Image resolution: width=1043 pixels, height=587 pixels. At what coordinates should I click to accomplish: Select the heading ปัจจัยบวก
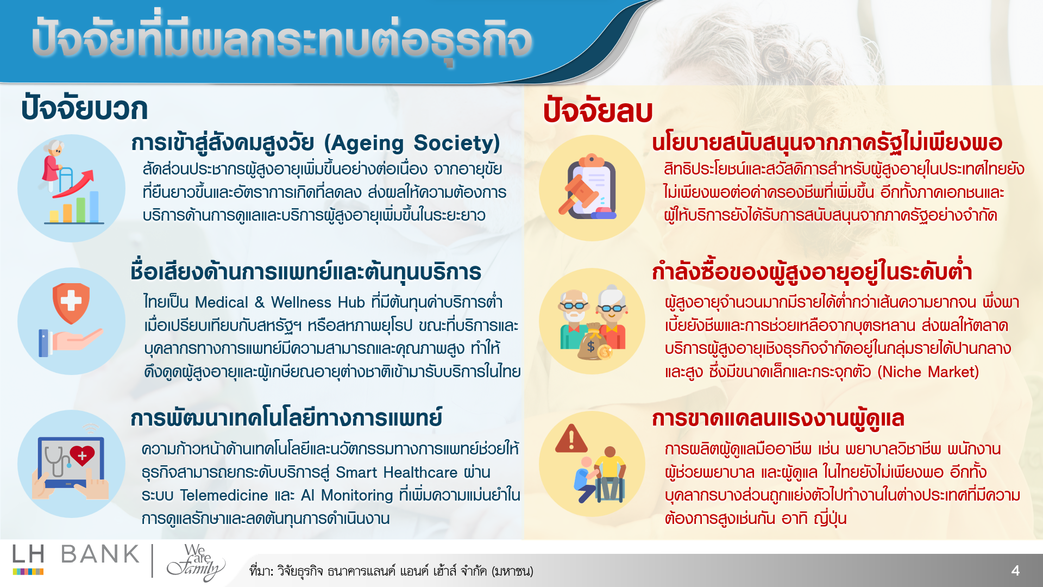[84, 109]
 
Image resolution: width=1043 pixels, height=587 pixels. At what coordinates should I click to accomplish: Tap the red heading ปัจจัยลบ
[598, 111]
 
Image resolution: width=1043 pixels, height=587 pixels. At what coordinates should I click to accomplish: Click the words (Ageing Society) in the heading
[412, 143]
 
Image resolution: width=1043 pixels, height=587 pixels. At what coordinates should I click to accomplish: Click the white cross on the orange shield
[71, 301]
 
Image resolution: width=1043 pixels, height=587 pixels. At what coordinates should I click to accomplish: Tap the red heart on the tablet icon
[82, 455]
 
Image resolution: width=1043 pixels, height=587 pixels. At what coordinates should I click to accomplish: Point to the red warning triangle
[571, 439]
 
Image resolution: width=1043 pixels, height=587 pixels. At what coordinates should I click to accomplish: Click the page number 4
[1015, 570]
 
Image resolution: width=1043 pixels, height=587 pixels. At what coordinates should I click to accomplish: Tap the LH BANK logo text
[76, 555]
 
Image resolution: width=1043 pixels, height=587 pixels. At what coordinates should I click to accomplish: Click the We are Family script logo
[196, 562]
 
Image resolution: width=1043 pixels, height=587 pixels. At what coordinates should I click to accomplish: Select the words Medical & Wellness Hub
[280, 302]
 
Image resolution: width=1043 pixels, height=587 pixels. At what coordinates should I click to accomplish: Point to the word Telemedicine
[224, 495]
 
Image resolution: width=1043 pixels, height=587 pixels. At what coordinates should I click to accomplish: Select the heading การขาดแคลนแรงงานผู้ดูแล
[778, 419]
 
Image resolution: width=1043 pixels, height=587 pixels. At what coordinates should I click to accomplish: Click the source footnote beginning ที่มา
[391, 571]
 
